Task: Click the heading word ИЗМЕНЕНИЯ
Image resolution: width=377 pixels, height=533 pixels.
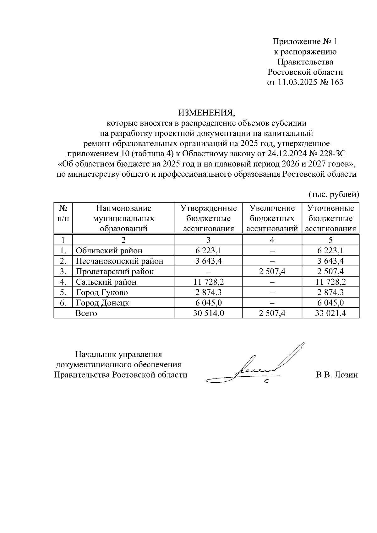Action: (x=206, y=112)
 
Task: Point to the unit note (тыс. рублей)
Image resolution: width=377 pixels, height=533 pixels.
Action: (x=333, y=195)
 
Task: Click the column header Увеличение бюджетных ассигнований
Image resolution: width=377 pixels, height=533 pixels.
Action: (x=272, y=218)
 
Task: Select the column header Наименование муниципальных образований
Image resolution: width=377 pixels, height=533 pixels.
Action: (x=123, y=218)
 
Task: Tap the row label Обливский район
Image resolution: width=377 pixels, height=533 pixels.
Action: (x=109, y=251)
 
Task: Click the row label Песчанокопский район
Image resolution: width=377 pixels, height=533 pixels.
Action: (x=120, y=261)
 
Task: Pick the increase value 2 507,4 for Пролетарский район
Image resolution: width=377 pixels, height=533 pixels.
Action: (x=272, y=272)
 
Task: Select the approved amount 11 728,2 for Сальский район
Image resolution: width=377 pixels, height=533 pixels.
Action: (x=209, y=282)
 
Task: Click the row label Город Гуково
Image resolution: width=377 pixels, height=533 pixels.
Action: (x=102, y=293)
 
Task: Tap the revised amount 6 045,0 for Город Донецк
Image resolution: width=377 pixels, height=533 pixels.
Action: (x=331, y=303)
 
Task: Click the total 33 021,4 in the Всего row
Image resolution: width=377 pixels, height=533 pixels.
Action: (x=331, y=313)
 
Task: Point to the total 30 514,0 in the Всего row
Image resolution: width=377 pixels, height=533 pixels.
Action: (x=209, y=313)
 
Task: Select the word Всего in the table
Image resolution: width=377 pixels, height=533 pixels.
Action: (x=86, y=313)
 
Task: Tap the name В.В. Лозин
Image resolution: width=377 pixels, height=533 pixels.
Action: (x=337, y=375)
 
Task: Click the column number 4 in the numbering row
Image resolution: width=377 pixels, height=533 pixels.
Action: (x=272, y=240)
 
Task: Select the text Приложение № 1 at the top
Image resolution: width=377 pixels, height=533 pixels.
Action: (x=305, y=42)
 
